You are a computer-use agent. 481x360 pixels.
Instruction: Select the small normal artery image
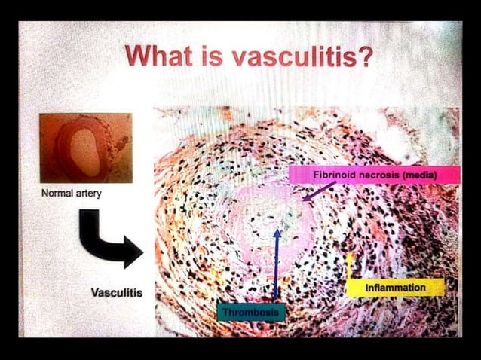pyautogui.click(x=85, y=148)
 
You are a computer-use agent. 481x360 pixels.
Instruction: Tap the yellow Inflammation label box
pyautogui.click(x=395, y=288)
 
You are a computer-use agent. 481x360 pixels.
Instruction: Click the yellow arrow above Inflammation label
pyautogui.click(x=349, y=267)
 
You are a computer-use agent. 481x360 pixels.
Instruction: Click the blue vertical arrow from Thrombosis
pyautogui.click(x=276, y=264)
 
